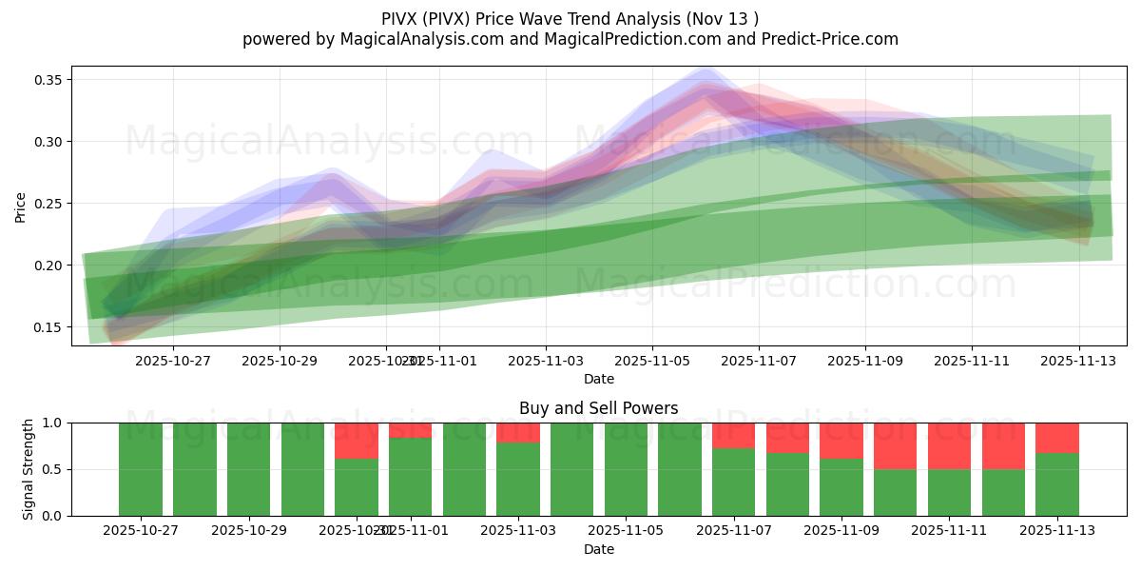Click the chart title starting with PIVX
pos(570,19)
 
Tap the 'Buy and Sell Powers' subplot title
pos(598,408)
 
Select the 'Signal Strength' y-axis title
pos(29,469)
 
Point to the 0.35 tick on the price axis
pos(49,80)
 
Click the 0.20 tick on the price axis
pos(49,266)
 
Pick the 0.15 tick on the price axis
pos(49,327)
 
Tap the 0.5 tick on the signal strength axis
pos(53,469)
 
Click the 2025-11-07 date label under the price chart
pos(759,361)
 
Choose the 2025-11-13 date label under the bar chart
pos(1057,531)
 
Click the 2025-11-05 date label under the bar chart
pos(626,531)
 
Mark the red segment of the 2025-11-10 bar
pos(896,445)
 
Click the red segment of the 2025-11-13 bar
pos(1057,438)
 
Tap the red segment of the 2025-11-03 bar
pos(518,433)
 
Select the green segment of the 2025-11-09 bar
pos(841,487)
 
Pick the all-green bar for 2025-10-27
pos(141,469)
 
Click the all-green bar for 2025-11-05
pos(626,469)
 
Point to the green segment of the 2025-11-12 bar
pos(1003,492)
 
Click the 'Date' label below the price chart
pos(598,379)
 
